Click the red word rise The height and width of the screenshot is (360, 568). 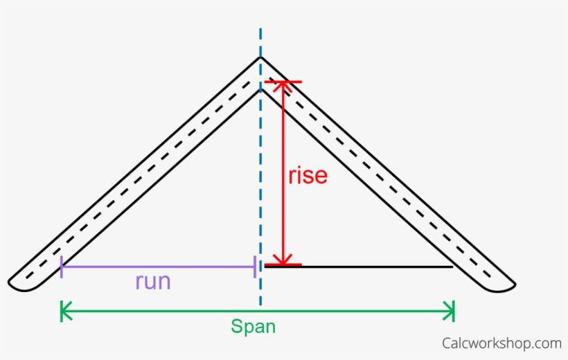pos(308,175)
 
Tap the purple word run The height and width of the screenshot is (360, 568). pos(152,282)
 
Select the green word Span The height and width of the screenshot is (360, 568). pos(253,327)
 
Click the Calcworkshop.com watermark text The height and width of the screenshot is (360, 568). pos(502,343)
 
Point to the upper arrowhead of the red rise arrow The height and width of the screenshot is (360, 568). pos(283,87)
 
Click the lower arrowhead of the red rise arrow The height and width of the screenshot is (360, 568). pos(283,259)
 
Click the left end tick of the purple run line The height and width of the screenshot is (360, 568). pos(62,267)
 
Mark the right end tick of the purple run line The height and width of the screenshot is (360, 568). pos(255,267)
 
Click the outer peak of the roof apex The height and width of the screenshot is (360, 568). pos(260,57)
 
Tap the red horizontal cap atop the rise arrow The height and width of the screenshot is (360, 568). pos(283,82)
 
